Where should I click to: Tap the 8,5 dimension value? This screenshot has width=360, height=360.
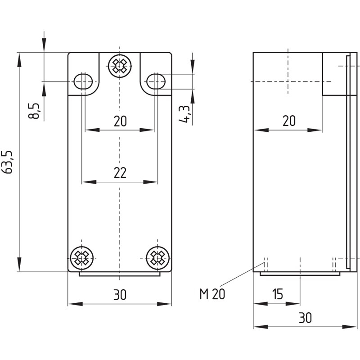pos(34,111)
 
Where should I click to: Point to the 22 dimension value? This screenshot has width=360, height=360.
pos(120,173)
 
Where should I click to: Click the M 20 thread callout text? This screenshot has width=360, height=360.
pos(212,294)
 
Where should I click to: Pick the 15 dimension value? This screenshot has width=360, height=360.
pos(278,294)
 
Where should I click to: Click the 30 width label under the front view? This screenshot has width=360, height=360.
pos(120,295)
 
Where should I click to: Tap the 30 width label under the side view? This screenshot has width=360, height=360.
pos(306,318)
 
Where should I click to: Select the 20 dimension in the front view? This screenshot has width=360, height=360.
pos(120,121)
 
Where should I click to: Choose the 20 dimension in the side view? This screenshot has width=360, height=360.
pos(289,121)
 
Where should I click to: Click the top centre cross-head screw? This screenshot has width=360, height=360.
pos(120,66)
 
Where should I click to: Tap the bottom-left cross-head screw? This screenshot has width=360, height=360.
pos(82,258)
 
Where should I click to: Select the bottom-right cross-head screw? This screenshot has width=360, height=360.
pos(158,258)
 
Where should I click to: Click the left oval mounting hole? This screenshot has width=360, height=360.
pos(83,81)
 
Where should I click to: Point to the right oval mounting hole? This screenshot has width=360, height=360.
pos(156,81)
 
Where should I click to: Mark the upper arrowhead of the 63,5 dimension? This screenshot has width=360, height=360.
pos(19,60)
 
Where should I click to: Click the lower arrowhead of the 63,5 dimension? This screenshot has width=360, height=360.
pos(19,264)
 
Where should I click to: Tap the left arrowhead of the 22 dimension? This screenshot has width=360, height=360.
pos(89,182)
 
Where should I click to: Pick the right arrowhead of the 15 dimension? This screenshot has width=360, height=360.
pos(293,304)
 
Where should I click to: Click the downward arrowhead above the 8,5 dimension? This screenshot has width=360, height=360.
pos(44,45)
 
